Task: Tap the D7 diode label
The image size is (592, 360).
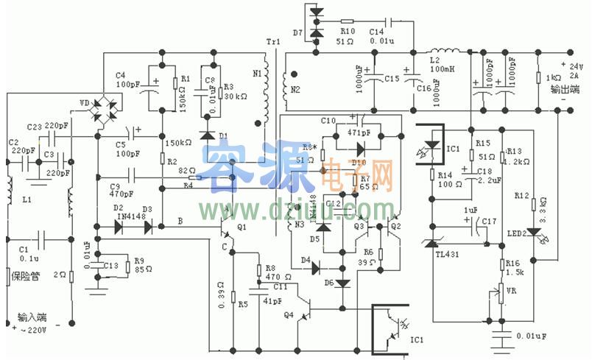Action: [x=297, y=32]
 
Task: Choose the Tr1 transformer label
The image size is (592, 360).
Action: [x=271, y=42]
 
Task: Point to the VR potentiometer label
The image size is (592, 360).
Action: [x=513, y=290]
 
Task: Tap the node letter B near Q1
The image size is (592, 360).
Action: [x=180, y=220]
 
